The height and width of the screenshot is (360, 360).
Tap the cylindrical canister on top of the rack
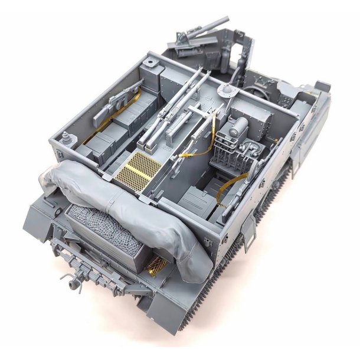point(240,125)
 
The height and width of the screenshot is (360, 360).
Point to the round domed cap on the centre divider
point(224,90)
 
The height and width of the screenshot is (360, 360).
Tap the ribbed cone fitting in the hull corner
point(66,139)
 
